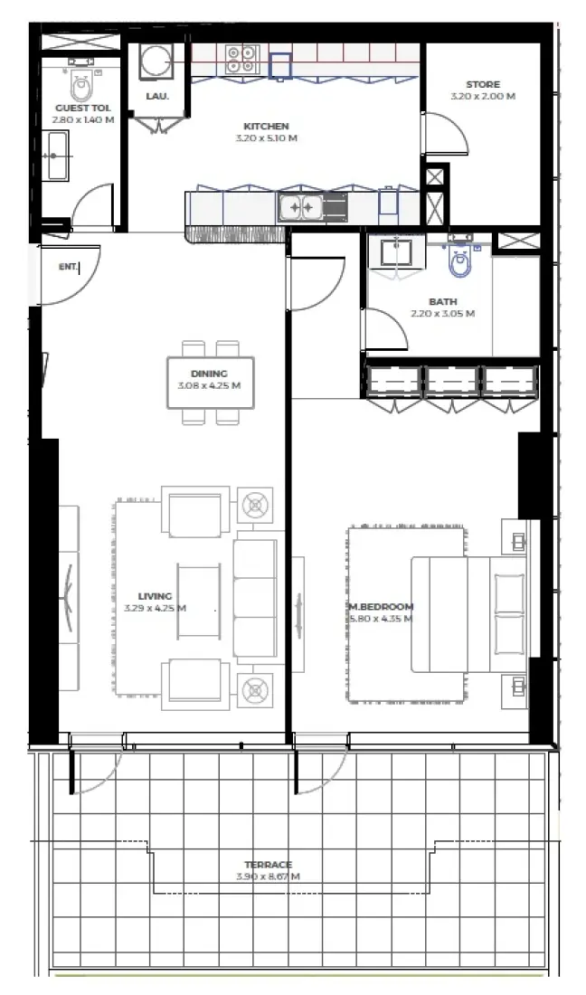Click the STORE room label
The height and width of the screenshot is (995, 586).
click(483, 84)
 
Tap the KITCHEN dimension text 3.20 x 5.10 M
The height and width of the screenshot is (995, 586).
click(266, 138)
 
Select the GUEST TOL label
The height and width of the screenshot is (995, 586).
click(83, 108)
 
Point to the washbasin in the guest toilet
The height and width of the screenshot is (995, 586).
click(57, 156)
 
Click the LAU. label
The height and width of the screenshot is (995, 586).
click(156, 96)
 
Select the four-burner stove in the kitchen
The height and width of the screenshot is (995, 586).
click(241, 60)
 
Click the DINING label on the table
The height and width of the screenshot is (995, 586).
click(209, 374)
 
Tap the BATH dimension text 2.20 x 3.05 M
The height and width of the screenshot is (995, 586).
click(443, 314)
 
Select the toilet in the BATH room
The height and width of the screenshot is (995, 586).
click(461, 261)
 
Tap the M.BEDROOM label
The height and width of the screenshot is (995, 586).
click(382, 606)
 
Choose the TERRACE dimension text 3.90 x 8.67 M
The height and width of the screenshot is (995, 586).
click(268, 877)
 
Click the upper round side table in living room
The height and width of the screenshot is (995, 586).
click(255, 504)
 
